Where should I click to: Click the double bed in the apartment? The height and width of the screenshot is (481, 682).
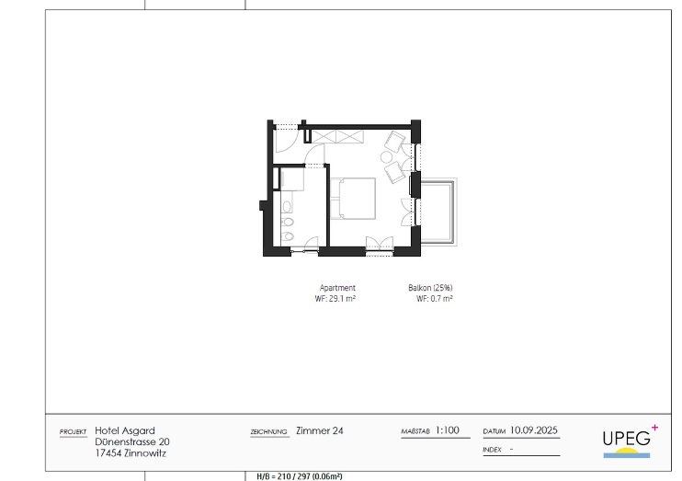[353, 199]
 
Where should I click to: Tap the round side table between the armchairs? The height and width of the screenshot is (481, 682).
[386, 157]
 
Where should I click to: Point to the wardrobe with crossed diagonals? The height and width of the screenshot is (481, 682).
[337, 137]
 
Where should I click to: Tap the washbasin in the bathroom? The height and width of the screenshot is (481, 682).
[287, 207]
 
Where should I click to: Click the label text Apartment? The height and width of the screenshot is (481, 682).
[337, 288]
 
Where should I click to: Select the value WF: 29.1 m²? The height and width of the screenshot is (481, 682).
[335, 299]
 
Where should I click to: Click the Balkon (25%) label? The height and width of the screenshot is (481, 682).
[430, 288]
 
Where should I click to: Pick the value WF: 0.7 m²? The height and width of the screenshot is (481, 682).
[435, 299]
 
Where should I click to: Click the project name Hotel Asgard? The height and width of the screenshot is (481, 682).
[125, 430]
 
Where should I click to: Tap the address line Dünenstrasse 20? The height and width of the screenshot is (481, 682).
[132, 441]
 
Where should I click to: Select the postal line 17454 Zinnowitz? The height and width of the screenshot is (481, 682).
[131, 453]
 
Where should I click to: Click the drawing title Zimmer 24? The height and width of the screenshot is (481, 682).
[320, 430]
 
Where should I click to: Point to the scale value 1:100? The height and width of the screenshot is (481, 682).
[448, 430]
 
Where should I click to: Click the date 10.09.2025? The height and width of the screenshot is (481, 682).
[534, 430]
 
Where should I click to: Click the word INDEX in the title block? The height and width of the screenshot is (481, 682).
[493, 450]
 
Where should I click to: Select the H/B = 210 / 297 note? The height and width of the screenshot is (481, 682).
[300, 476]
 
